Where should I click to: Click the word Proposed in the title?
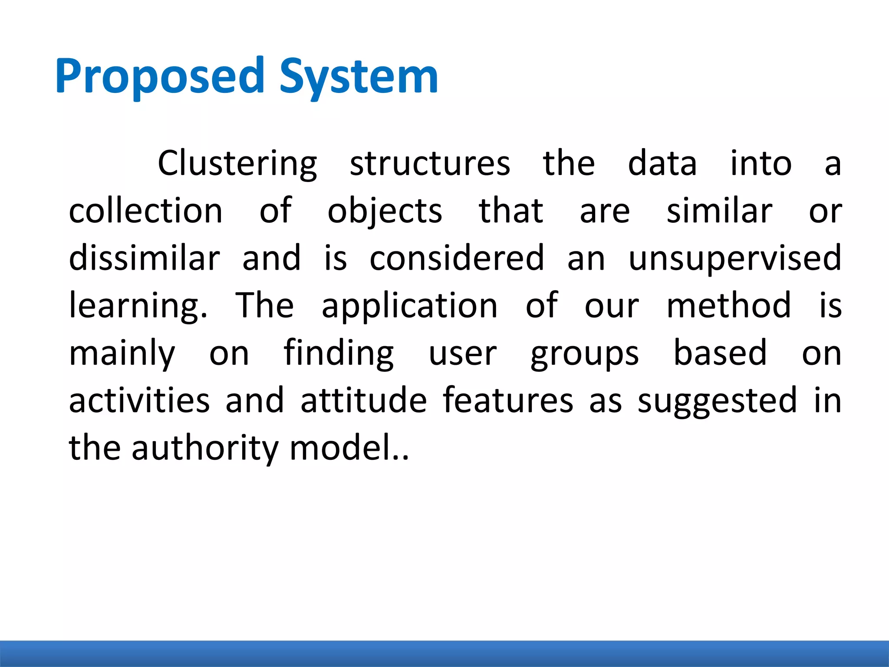coord(159,77)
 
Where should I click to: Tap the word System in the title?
coord(359,77)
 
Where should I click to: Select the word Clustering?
coord(237,164)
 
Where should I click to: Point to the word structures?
coord(430,164)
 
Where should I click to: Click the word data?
coord(662,164)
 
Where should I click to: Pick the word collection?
coord(146,211)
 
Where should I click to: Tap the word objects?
coord(385,211)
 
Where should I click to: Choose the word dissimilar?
coord(145,258)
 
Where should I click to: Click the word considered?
coord(457,258)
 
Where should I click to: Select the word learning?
coord(138,306)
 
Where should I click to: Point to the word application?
coord(409,306)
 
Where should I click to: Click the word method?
coord(729,305)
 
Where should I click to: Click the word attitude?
coord(364,400)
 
